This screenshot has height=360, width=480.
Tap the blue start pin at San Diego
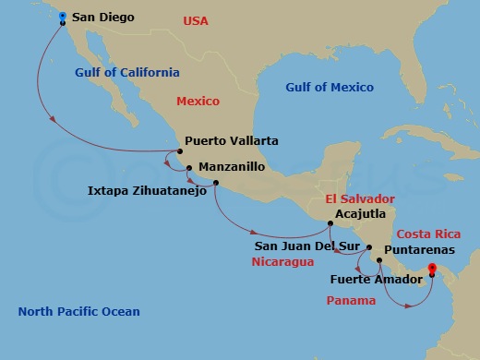click(62, 16)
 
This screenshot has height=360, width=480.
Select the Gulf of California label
click(127, 72)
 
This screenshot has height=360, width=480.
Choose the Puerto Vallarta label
click(231, 141)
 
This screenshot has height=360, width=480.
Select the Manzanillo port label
click(232, 167)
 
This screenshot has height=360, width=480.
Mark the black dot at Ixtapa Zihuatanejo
click(215, 183)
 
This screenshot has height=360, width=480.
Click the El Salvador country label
click(359, 198)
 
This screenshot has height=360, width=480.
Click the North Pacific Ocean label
click(78, 312)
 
